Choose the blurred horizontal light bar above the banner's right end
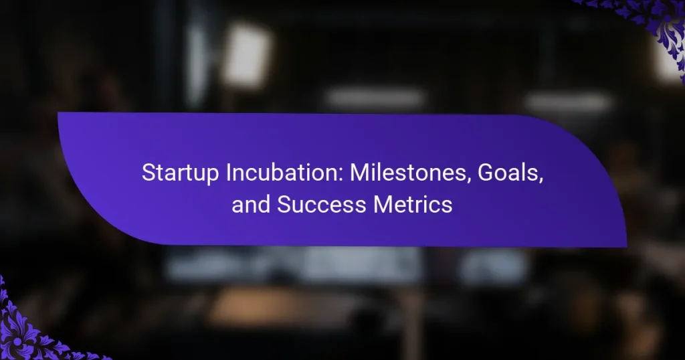568,101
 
